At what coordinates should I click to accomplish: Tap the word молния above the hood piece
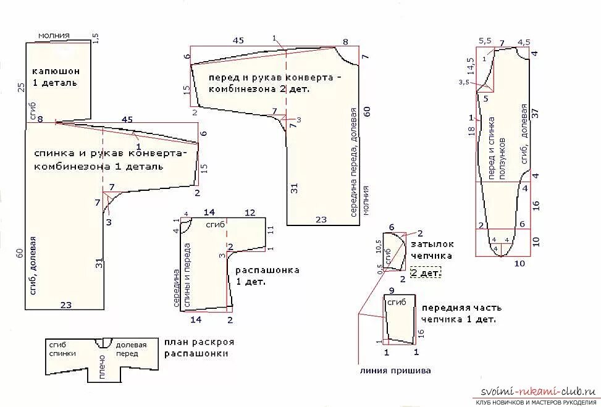54,36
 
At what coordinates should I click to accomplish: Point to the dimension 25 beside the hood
20,87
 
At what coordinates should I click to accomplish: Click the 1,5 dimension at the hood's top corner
95,38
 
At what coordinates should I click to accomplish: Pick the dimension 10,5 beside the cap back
379,246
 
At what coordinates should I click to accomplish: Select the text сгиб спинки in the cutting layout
62,349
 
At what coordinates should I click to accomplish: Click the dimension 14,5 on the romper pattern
470,65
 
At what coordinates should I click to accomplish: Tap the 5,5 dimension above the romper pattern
485,41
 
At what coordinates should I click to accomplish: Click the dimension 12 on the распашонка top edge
250,212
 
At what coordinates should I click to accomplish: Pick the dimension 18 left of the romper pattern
471,130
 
